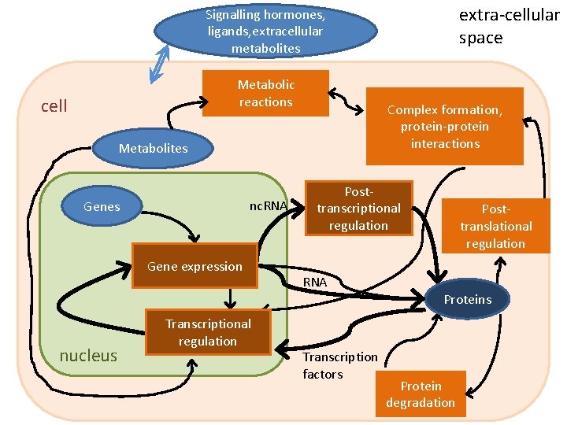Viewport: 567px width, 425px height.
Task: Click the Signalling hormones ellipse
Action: tap(265, 32)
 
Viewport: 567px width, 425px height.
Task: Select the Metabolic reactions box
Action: tap(265, 94)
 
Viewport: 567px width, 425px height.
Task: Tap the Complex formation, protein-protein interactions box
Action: tap(444, 126)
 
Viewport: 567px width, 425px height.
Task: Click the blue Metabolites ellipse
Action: tap(153, 148)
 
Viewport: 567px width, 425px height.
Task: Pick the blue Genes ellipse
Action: tap(102, 206)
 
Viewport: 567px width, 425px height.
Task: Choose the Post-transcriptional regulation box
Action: tap(358, 209)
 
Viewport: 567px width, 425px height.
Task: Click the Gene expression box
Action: tap(195, 266)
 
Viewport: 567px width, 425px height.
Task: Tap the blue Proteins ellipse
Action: tap(467, 299)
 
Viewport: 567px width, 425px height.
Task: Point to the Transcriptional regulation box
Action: tap(208, 332)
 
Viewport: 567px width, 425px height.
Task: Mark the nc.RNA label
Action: tap(267, 206)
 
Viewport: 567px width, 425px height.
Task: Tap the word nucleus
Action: tap(88, 356)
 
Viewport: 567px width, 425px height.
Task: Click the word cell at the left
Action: tap(54, 105)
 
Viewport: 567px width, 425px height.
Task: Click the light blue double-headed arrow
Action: tap(161, 63)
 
